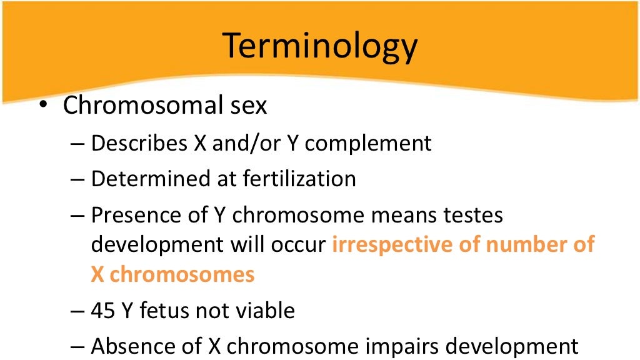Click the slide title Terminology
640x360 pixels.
click(x=320, y=46)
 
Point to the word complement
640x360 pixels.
click(x=368, y=143)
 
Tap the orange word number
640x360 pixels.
click(x=524, y=245)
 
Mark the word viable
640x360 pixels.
click(x=262, y=311)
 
